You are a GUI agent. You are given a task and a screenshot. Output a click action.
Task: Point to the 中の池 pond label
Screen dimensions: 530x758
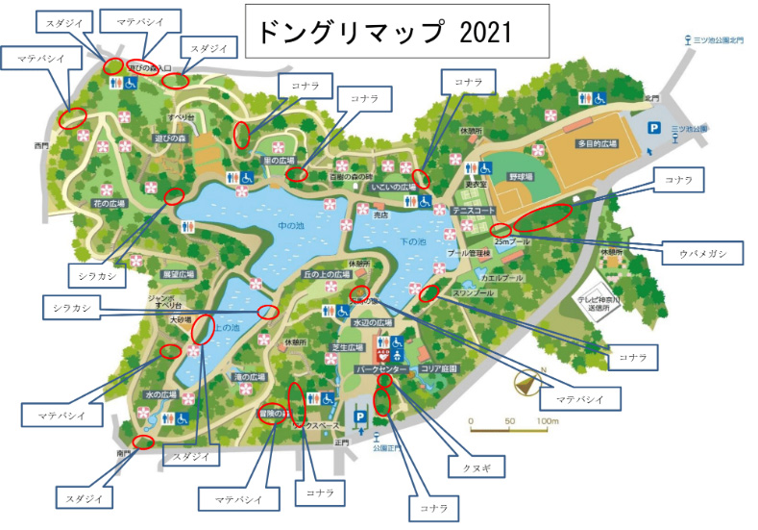(x=289, y=227)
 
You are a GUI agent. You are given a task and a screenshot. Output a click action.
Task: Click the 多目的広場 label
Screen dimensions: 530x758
(x=598, y=143)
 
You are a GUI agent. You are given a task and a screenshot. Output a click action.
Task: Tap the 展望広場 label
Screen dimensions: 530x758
(x=178, y=274)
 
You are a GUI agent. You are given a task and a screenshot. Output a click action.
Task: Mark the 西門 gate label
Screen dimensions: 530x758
(x=40, y=146)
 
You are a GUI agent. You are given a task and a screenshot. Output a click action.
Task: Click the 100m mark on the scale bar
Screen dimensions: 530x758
(x=548, y=420)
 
